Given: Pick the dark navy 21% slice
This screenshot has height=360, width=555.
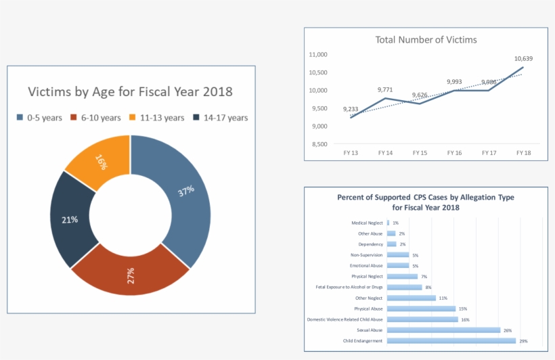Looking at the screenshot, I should tap(70, 219).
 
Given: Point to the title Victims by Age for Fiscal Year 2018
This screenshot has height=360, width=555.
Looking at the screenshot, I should tap(130, 92).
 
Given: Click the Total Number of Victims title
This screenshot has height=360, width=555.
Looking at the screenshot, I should tap(426, 40).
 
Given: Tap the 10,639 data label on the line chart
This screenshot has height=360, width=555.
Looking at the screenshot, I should tap(523, 59).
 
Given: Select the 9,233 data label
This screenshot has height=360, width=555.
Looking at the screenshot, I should tap(351, 109).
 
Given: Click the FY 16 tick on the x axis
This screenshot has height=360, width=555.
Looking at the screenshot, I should tap(454, 153).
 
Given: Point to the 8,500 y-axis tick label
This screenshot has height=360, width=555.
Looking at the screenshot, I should tap(317, 144).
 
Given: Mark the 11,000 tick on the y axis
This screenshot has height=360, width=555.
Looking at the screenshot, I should tap(317, 55).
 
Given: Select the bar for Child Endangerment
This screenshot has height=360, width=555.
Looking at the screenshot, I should tap(451, 341).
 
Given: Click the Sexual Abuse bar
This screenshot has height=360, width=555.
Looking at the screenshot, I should tap(443, 330).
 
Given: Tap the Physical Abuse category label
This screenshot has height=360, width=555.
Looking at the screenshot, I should tap(368, 309).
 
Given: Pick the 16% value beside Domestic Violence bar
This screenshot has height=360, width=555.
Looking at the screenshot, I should tap(465, 319).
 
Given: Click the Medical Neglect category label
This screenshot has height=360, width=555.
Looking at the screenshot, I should tap(367, 223).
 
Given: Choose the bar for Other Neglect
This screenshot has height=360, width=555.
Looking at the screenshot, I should tap(412, 298).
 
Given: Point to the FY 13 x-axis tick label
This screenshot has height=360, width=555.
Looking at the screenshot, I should tap(351, 153).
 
